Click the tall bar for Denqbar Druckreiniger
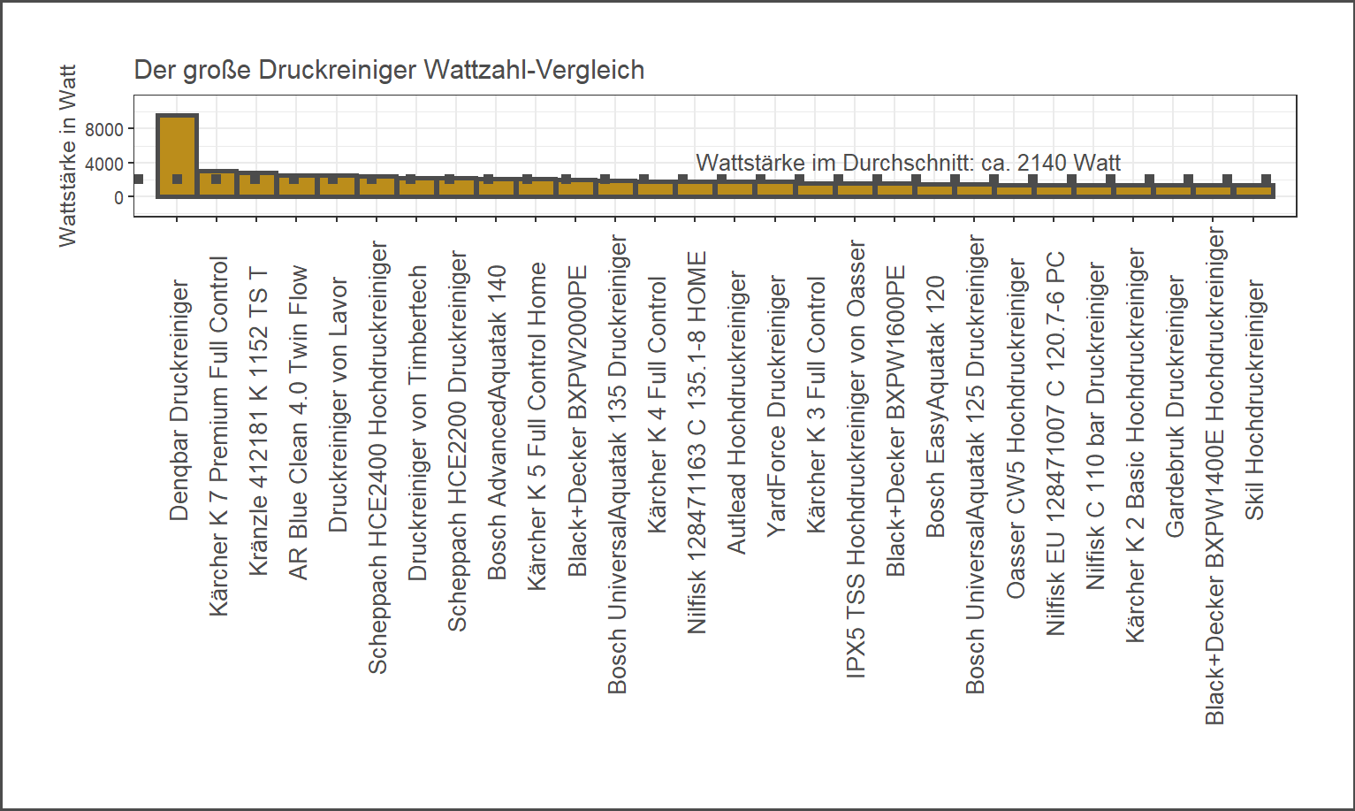[177, 155]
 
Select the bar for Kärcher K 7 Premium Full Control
[217, 183]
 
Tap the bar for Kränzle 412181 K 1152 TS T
[256, 184]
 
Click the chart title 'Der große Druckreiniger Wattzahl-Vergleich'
[389, 70]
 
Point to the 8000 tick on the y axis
[104, 130]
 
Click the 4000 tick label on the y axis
[104, 164]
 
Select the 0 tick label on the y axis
[118, 198]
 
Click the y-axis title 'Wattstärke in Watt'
[67, 156]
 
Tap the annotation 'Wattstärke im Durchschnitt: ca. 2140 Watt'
[908, 163]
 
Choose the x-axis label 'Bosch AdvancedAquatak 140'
[497, 423]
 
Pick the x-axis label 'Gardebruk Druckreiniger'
[1175, 406]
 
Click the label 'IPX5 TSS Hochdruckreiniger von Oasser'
[856, 459]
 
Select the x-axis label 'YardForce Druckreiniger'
[776, 406]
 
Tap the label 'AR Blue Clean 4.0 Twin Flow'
[298, 423]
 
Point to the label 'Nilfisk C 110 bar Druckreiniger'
[1095, 426]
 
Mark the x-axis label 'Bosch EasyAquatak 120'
[935, 407]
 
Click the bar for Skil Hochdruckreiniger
[1254, 190]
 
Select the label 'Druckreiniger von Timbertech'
[417, 423]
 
